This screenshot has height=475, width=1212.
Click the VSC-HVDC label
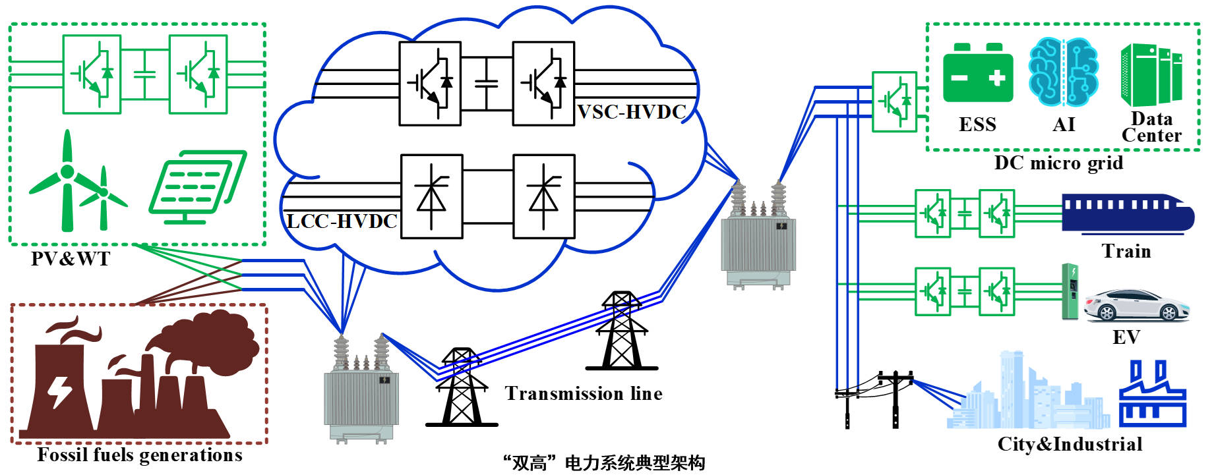(x=632, y=112)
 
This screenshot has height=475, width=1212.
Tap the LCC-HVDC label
(x=342, y=221)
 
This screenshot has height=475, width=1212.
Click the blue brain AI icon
(x=1063, y=71)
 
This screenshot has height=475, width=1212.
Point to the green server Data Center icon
(x=1151, y=74)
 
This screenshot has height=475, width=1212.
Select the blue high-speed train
(x=1127, y=211)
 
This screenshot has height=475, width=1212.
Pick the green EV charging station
(x=1070, y=292)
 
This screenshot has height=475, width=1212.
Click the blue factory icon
(x=1152, y=395)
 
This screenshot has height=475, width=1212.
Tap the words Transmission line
(x=584, y=393)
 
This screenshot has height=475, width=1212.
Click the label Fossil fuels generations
(x=140, y=455)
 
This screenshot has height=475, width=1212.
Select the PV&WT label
(x=71, y=258)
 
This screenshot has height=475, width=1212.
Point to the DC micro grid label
(x=1058, y=163)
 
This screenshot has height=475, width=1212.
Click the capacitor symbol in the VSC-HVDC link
(x=487, y=84)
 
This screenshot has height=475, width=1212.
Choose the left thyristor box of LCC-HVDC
(x=431, y=196)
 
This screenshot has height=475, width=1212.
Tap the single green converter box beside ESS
(x=894, y=102)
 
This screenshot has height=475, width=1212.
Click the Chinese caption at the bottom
(x=603, y=463)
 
